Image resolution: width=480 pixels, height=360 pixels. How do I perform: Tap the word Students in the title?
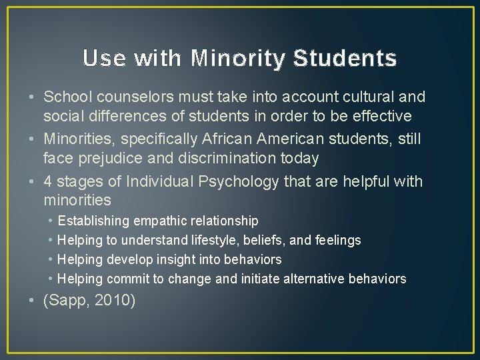(x=345, y=59)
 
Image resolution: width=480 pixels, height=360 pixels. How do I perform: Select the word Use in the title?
(x=104, y=59)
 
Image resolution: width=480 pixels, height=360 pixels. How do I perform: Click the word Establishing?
(x=94, y=221)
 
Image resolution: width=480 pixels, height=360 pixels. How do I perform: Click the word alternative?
(x=311, y=279)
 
